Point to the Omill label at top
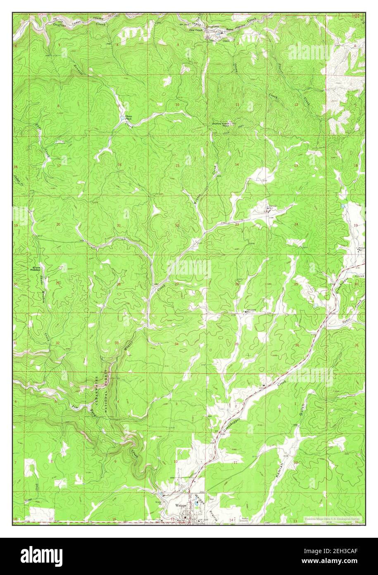click(226, 41)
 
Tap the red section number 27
click(176, 284)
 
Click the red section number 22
click(177, 225)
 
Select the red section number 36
click(297, 345)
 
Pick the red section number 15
click(177, 165)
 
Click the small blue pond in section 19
click(342, 206)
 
